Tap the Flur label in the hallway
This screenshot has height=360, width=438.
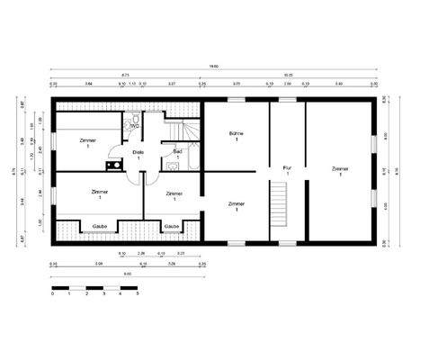288,169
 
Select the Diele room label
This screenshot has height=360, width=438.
139,155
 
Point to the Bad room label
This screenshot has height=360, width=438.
178,154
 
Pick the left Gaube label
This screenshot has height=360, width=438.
100,226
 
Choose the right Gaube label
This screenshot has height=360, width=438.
172,226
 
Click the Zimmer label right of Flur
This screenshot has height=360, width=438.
341,171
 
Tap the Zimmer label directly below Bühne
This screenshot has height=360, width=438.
237,206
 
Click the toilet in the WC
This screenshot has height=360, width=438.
133,117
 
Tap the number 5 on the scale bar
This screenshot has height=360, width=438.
138,294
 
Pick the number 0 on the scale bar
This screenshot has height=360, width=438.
53,294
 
